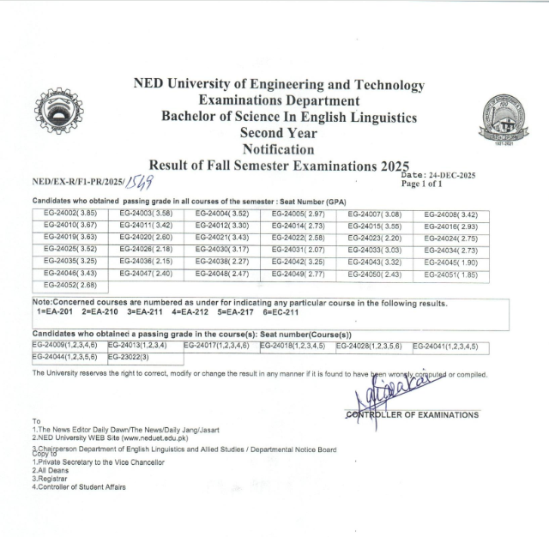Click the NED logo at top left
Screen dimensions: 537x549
pyautogui.click(x=59, y=111)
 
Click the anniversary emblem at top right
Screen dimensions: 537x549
pyautogui.click(x=504, y=119)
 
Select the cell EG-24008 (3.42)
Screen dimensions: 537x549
pyautogui.click(x=452, y=214)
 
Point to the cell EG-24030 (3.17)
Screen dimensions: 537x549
pyautogui.click(x=223, y=249)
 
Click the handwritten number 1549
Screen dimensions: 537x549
pyautogui.click(x=139, y=181)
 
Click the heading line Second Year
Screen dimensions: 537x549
pyautogui.click(x=278, y=133)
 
